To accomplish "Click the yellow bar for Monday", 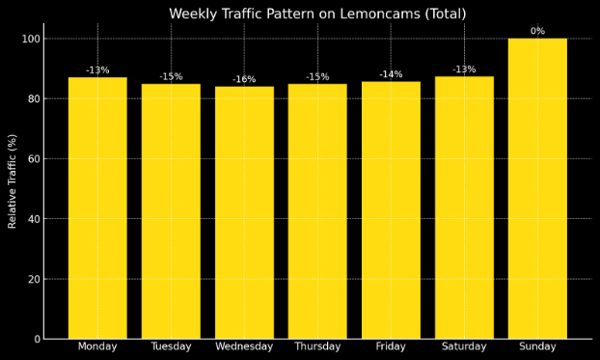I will coord(97,208).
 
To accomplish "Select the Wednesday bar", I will coord(244,212).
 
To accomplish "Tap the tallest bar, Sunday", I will coord(537,188).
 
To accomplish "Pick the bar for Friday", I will coord(391,209).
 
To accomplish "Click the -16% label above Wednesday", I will coord(244,79).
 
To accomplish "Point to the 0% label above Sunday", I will coord(537,31).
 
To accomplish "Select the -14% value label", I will coord(391,74).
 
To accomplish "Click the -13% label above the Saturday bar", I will coord(464,69).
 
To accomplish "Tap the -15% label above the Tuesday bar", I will coord(171,76).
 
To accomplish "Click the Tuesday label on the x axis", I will coord(171,346).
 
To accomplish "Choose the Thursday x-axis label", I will coord(317,346).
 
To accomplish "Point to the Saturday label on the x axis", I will coord(464,346).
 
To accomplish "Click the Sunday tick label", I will coord(537,346).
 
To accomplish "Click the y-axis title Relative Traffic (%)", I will coord(13,181).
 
